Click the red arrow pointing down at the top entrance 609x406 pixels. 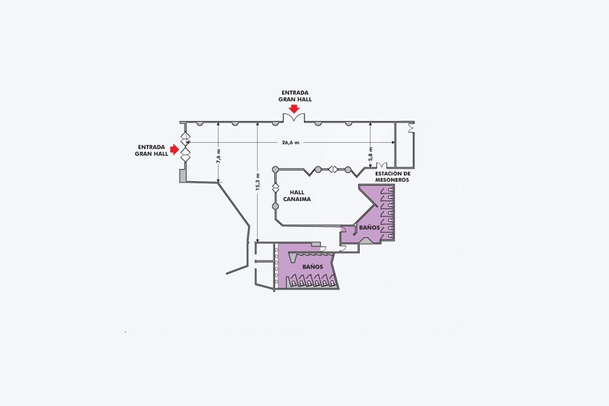click(x=295, y=109)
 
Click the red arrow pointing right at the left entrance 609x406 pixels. click(x=174, y=149)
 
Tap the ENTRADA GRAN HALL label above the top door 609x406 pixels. click(x=295, y=96)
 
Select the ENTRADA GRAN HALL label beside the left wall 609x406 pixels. click(x=151, y=150)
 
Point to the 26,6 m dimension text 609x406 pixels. click(x=290, y=142)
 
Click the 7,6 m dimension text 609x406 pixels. click(x=218, y=156)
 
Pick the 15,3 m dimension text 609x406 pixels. click(x=258, y=182)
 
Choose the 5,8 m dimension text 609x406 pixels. click(x=371, y=154)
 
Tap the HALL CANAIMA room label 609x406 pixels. click(x=297, y=195)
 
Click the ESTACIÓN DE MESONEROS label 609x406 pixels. click(x=392, y=177)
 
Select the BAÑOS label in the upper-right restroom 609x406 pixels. click(x=369, y=228)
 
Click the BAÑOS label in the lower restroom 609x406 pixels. click(x=313, y=267)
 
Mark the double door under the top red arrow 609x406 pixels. click(x=294, y=117)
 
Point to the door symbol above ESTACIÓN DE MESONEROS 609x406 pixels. click(x=381, y=166)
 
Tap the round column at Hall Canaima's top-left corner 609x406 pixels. click(x=275, y=169)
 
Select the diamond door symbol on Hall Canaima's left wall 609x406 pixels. click(x=275, y=188)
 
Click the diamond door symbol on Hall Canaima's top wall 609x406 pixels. click(x=333, y=169)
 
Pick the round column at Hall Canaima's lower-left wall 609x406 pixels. click(x=275, y=206)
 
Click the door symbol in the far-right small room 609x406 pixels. click(x=410, y=127)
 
